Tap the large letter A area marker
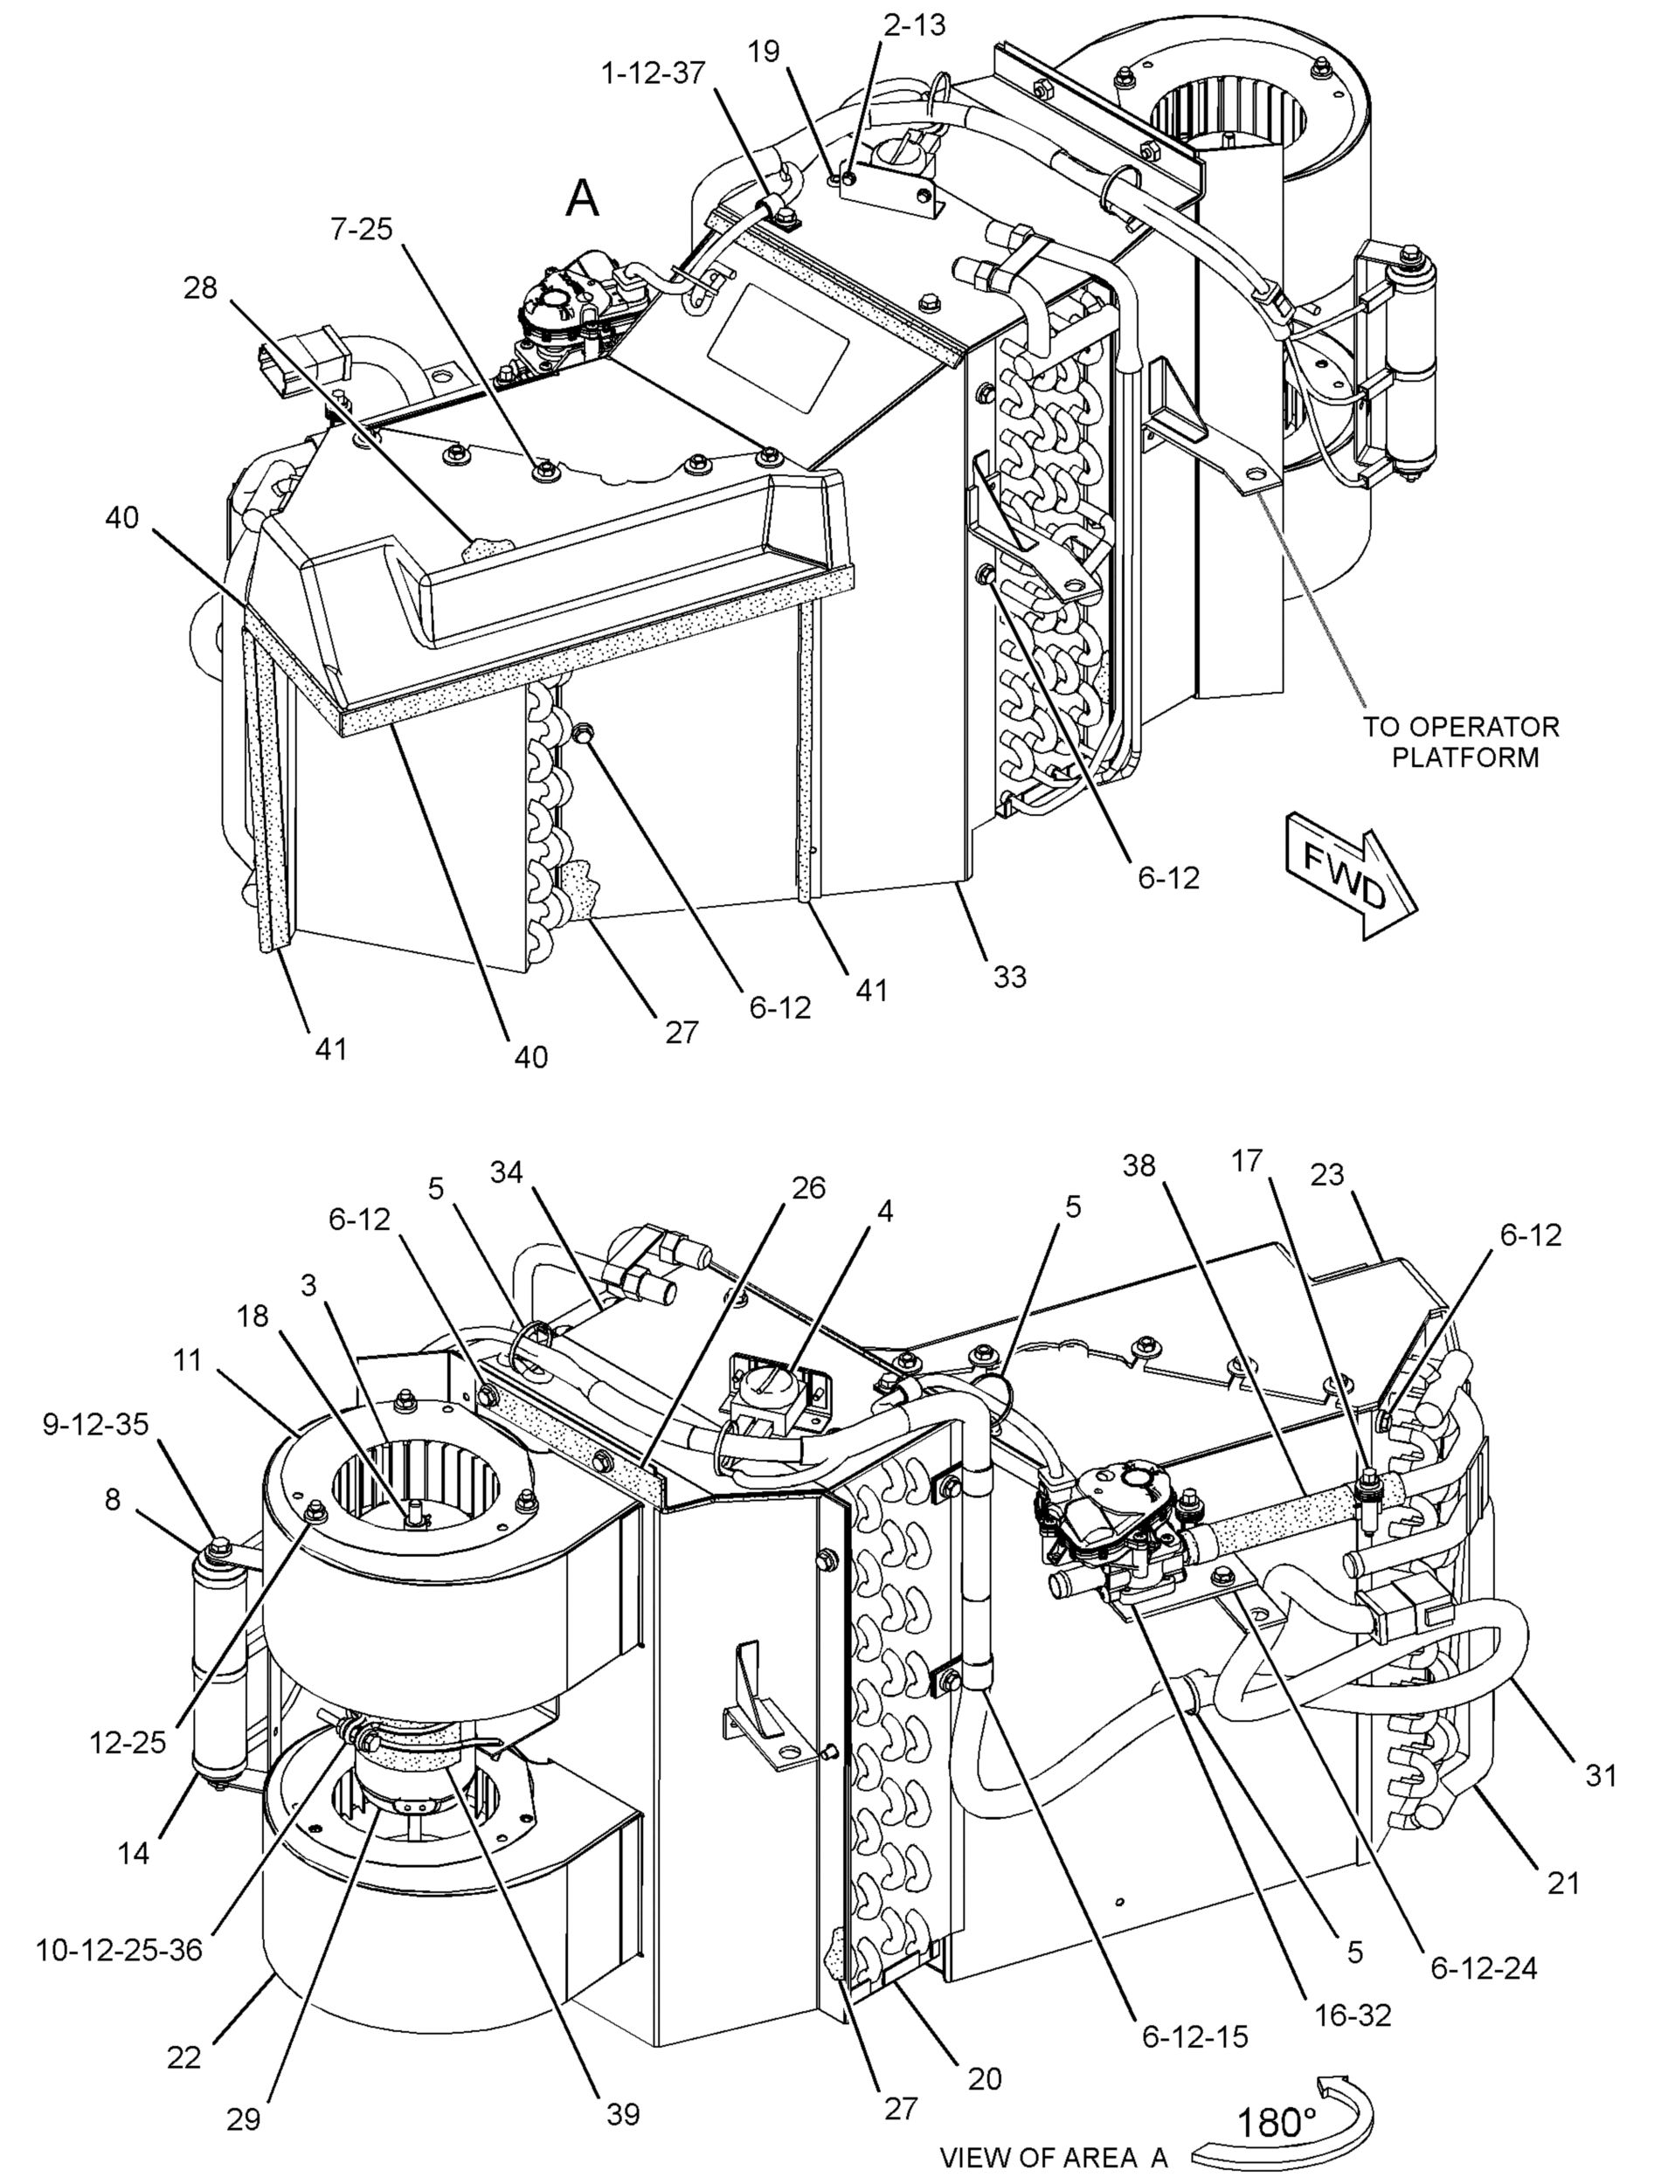point(582,198)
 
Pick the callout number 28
point(199,288)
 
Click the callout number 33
point(1009,976)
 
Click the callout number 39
point(623,2113)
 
